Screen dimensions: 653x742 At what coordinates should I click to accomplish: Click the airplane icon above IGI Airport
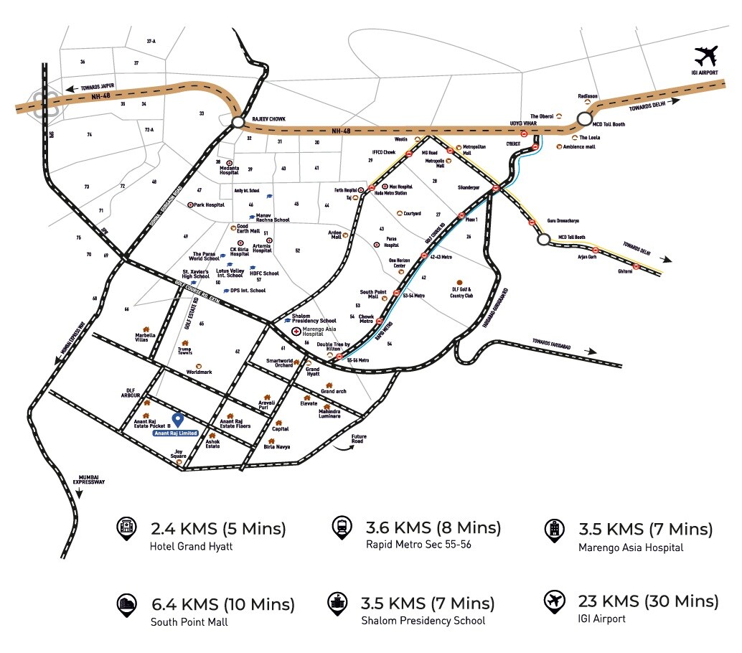click(x=706, y=55)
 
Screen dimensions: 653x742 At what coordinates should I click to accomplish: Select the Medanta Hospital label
click(x=229, y=170)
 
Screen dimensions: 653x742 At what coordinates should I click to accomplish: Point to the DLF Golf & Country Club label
click(x=461, y=293)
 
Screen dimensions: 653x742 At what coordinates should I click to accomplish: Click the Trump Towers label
click(x=185, y=351)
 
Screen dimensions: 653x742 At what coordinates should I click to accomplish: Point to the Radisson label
click(x=588, y=96)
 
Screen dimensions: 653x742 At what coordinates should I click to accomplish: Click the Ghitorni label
click(x=625, y=271)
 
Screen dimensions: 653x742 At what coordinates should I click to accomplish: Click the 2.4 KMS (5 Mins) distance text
click(x=218, y=530)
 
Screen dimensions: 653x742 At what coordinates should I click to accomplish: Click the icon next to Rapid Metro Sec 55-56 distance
click(x=339, y=529)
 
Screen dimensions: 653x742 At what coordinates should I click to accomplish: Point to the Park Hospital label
click(x=209, y=205)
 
